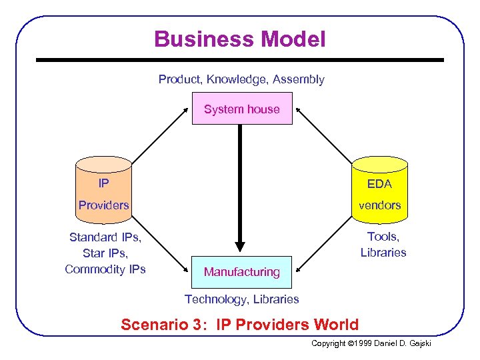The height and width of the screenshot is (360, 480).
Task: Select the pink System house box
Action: click(x=242, y=109)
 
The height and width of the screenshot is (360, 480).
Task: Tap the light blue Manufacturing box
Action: click(x=242, y=272)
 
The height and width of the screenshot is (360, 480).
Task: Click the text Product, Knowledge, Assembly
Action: click(x=241, y=79)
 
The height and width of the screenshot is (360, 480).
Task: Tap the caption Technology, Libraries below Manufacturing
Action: click(x=241, y=299)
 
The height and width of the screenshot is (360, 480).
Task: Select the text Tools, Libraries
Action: click(x=383, y=245)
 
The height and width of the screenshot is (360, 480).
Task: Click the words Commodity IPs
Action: click(x=105, y=269)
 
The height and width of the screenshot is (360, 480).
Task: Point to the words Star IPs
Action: click(x=105, y=253)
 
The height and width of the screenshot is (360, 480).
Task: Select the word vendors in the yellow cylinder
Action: click(x=379, y=205)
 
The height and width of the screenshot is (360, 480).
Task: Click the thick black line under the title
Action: click(x=240, y=60)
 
